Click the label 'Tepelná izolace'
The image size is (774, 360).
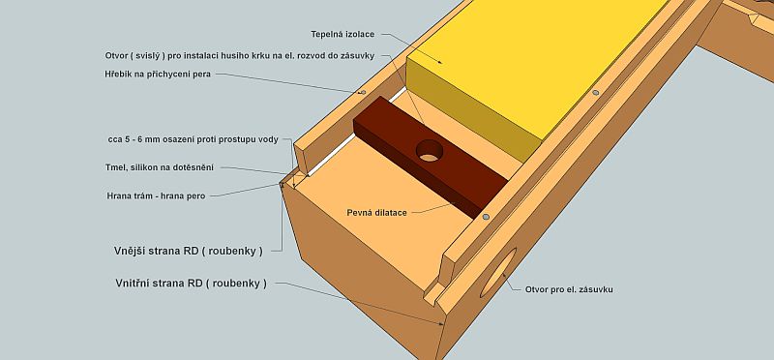(x=342, y=35)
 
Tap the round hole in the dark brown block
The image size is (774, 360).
(x=430, y=151)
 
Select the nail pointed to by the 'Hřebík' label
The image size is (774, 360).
(x=364, y=92)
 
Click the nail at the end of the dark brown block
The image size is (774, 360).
(x=486, y=217)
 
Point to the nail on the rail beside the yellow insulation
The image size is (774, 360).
(x=596, y=92)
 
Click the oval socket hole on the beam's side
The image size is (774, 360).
(x=498, y=272)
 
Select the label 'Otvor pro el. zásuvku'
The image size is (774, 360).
(x=569, y=290)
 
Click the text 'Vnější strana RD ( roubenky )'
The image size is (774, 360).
(x=188, y=251)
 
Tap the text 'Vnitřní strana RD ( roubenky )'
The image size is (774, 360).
(x=191, y=284)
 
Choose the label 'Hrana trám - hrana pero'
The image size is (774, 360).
(x=156, y=196)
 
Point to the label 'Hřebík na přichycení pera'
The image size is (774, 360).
(x=158, y=75)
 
